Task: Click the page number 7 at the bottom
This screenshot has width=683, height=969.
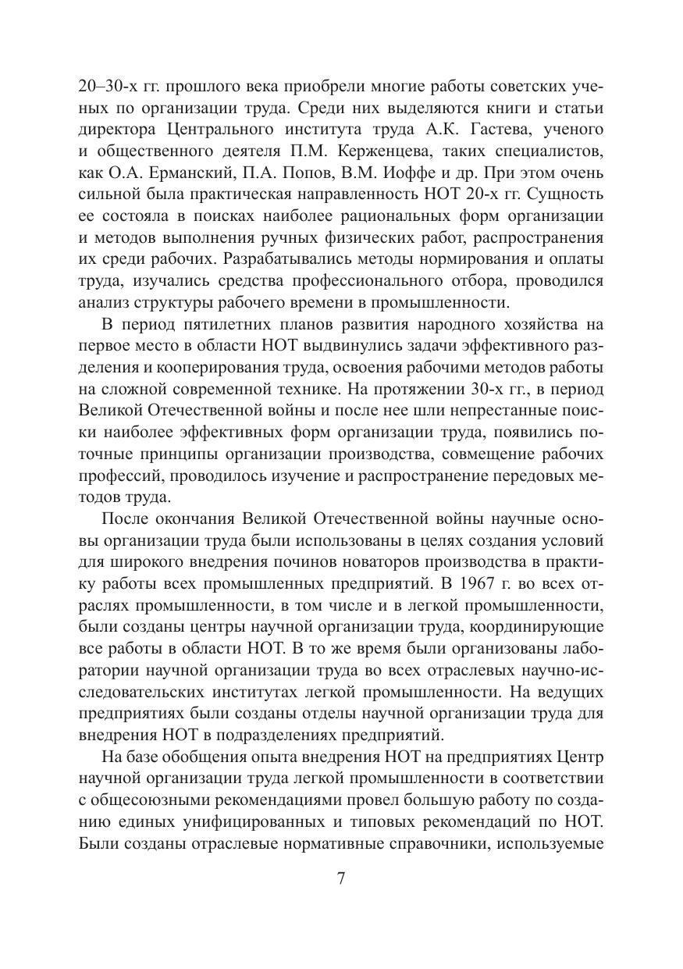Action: pyautogui.click(x=341, y=878)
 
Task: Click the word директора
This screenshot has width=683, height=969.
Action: pyautogui.click(x=118, y=128)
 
